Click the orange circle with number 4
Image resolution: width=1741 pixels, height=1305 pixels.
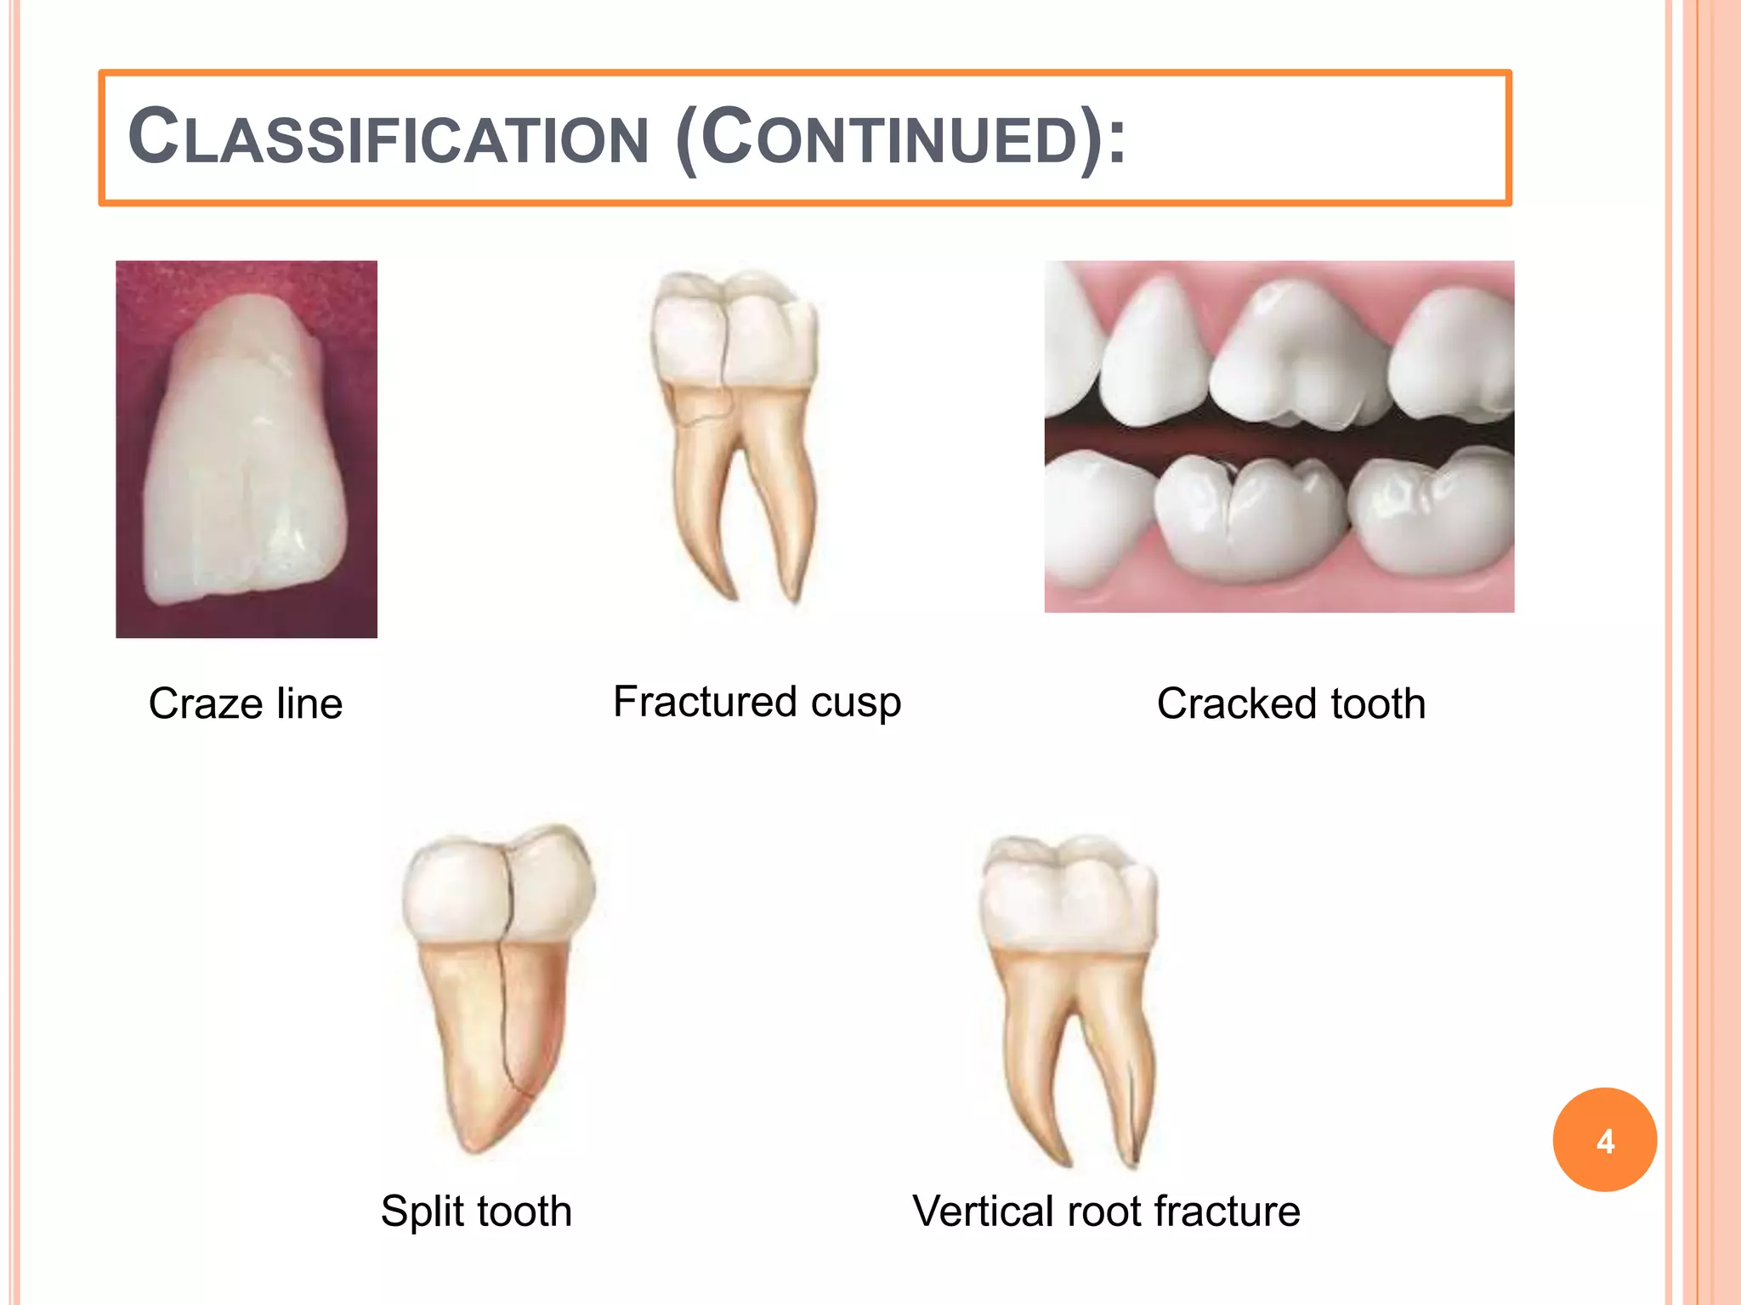click(1604, 1139)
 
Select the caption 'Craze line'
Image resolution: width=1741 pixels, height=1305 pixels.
click(246, 703)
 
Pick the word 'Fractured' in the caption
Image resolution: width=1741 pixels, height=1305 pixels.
click(705, 702)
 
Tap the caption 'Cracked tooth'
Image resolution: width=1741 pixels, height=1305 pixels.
click(1290, 703)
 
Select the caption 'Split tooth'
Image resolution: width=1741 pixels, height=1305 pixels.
click(476, 1211)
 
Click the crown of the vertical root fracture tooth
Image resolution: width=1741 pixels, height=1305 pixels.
click(1067, 896)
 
